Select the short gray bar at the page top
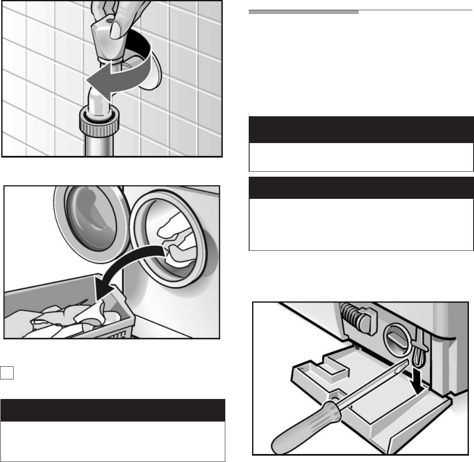tap(303, 12)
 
